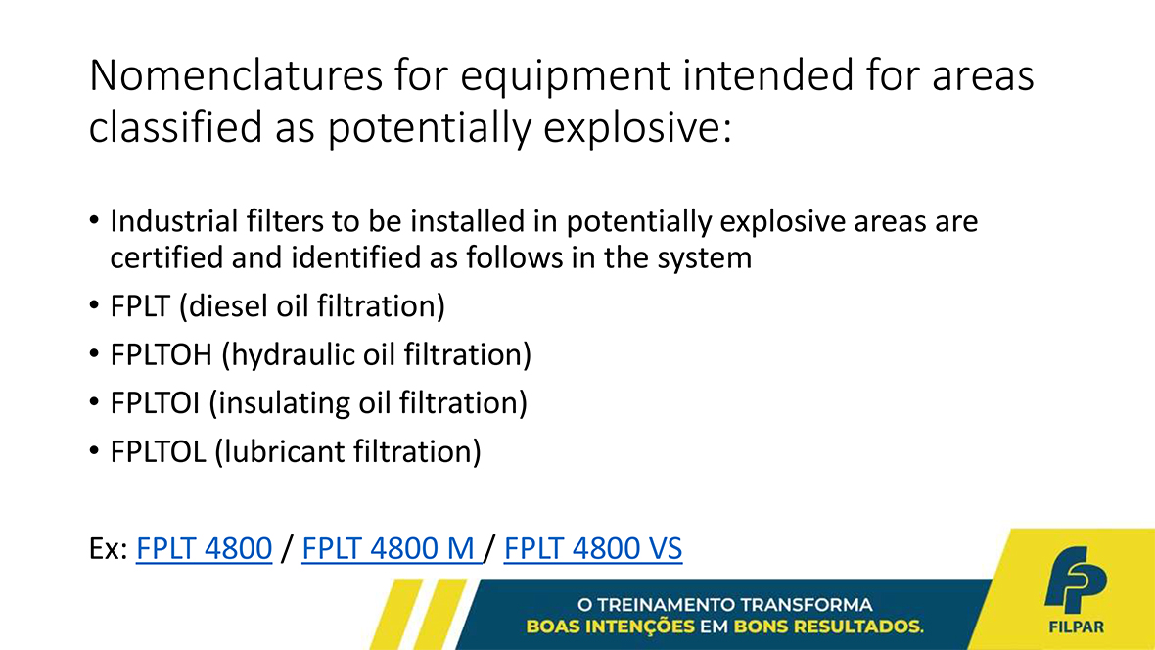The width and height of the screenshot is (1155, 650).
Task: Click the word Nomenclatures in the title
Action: point(236,75)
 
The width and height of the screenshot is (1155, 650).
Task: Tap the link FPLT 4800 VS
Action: point(593,548)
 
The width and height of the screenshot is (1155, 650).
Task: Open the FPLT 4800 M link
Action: point(391,548)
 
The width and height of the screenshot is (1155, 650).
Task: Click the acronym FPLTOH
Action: point(162,354)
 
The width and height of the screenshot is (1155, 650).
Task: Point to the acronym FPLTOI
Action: point(155,403)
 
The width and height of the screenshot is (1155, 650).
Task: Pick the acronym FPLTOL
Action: point(158,451)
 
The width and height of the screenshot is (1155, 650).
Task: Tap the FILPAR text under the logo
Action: point(1076,627)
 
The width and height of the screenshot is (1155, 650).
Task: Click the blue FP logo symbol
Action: point(1076,580)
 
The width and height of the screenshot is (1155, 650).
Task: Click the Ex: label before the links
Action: point(109,548)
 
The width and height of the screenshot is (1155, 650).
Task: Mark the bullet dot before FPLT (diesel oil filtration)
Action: point(94,305)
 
